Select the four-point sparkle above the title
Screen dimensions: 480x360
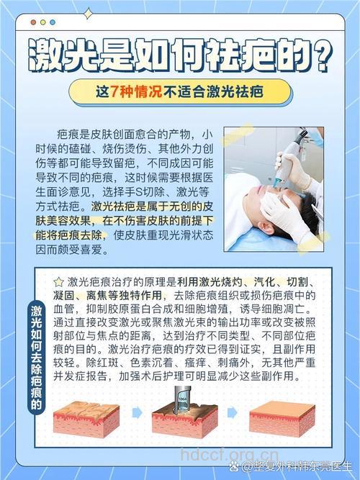[x=88, y=13]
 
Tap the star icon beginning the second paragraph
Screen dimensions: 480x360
[x=58, y=281]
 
